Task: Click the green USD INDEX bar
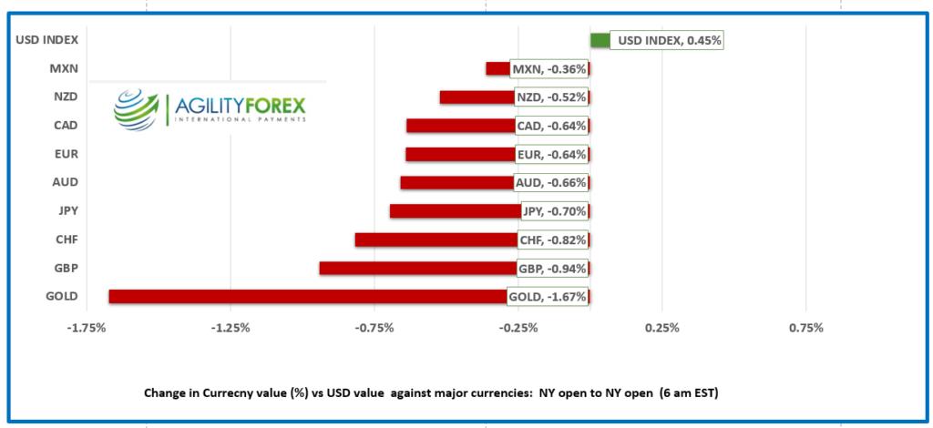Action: pyautogui.click(x=600, y=40)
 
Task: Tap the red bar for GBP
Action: pyautogui.click(x=415, y=268)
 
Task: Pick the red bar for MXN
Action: pyautogui.click(x=497, y=68)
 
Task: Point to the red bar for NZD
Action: pyautogui.click(x=476, y=97)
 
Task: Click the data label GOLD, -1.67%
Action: pyautogui.click(x=547, y=296)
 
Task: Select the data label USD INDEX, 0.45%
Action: pyautogui.click(x=667, y=40)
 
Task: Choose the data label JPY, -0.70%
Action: pyautogui.click(x=555, y=211)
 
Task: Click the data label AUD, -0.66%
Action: pyautogui.click(x=550, y=182)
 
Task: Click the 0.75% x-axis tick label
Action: pyautogui.click(x=806, y=328)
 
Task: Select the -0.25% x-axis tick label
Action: pyautogui.click(x=518, y=328)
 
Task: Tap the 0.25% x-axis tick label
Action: pyautogui.click(x=662, y=328)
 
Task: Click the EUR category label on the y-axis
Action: pyautogui.click(x=66, y=154)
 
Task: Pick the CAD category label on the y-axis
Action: pyautogui.click(x=66, y=125)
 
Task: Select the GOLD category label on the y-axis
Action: pyautogui.click(x=61, y=296)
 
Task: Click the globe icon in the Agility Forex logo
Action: pyautogui.click(x=136, y=108)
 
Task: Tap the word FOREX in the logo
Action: pyautogui.click(x=271, y=105)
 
